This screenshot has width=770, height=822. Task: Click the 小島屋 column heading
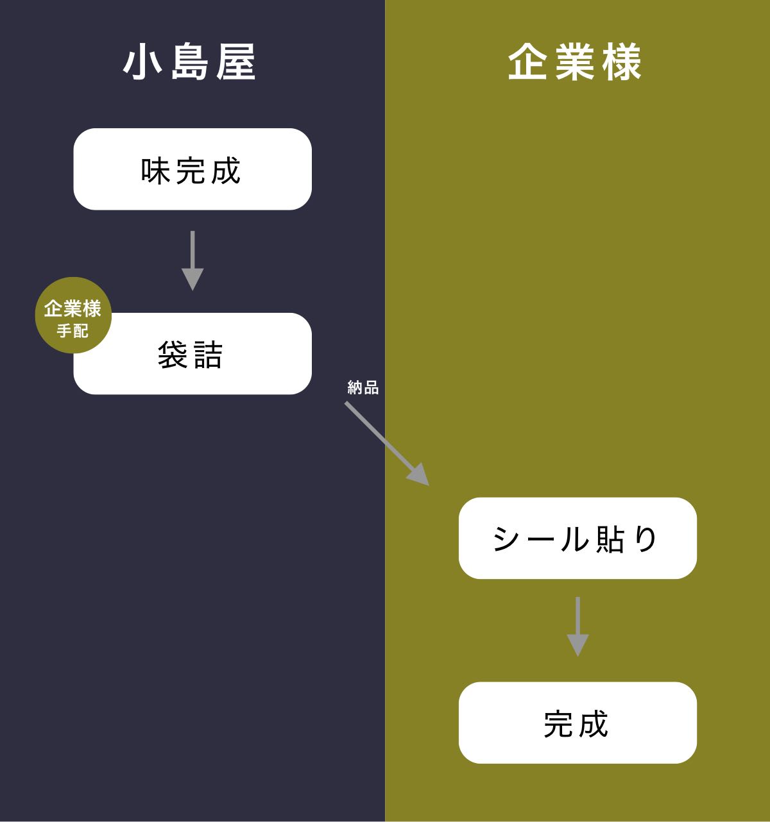pyautogui.click(x=190, y=62)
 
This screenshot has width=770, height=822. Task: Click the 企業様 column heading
pyautogui.click(x=575, y=62)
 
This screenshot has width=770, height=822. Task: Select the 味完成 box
pyautogui.click(x=193, y=169)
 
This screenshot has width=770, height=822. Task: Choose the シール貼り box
pyautogui.click(x=577, y=538)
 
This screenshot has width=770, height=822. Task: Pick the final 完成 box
pyautogui.click(x=577, y=723)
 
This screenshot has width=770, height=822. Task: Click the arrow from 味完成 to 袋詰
pyautogui.click(x=193, y=260)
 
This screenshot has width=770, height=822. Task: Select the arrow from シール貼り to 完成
pyautogui.click(x=577, y=626)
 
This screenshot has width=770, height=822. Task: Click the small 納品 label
pyautogui.click(x=363, y=387)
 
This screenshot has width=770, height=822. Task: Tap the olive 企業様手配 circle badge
pyautogui.click(x=73, y=315)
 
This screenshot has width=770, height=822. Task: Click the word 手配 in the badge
pyautogui.click(x=73, y=331)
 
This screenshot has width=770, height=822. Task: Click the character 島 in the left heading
pyautogui.click(x=190, y=62)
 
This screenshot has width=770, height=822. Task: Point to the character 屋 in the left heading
pyautogui.click(x=235, y=62)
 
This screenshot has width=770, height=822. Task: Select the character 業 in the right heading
pyautogui.click(x=575, y=62)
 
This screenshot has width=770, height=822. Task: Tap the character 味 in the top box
pyautogui.click(x=156, y=171)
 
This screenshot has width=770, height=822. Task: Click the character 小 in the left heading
pyautogui.click(x=142, y=62)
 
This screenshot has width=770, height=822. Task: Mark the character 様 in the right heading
pyautogui.click(x=621, y=62)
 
